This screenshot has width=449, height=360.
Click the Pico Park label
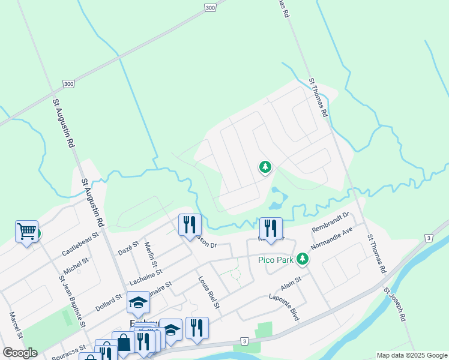click(276, 260)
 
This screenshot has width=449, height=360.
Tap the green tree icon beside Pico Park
click(303, 259)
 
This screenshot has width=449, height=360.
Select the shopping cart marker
click(26, 231)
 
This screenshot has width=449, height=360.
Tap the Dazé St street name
click(128, 248)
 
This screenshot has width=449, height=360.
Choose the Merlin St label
click(151, 256)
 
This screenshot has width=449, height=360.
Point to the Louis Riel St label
click(209, 292)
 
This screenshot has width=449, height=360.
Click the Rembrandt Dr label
click(331, 223)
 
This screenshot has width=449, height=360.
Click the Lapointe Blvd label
click(284, 307)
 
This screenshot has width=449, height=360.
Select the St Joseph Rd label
click(397, 307)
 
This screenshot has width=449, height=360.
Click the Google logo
click(20, 352)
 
